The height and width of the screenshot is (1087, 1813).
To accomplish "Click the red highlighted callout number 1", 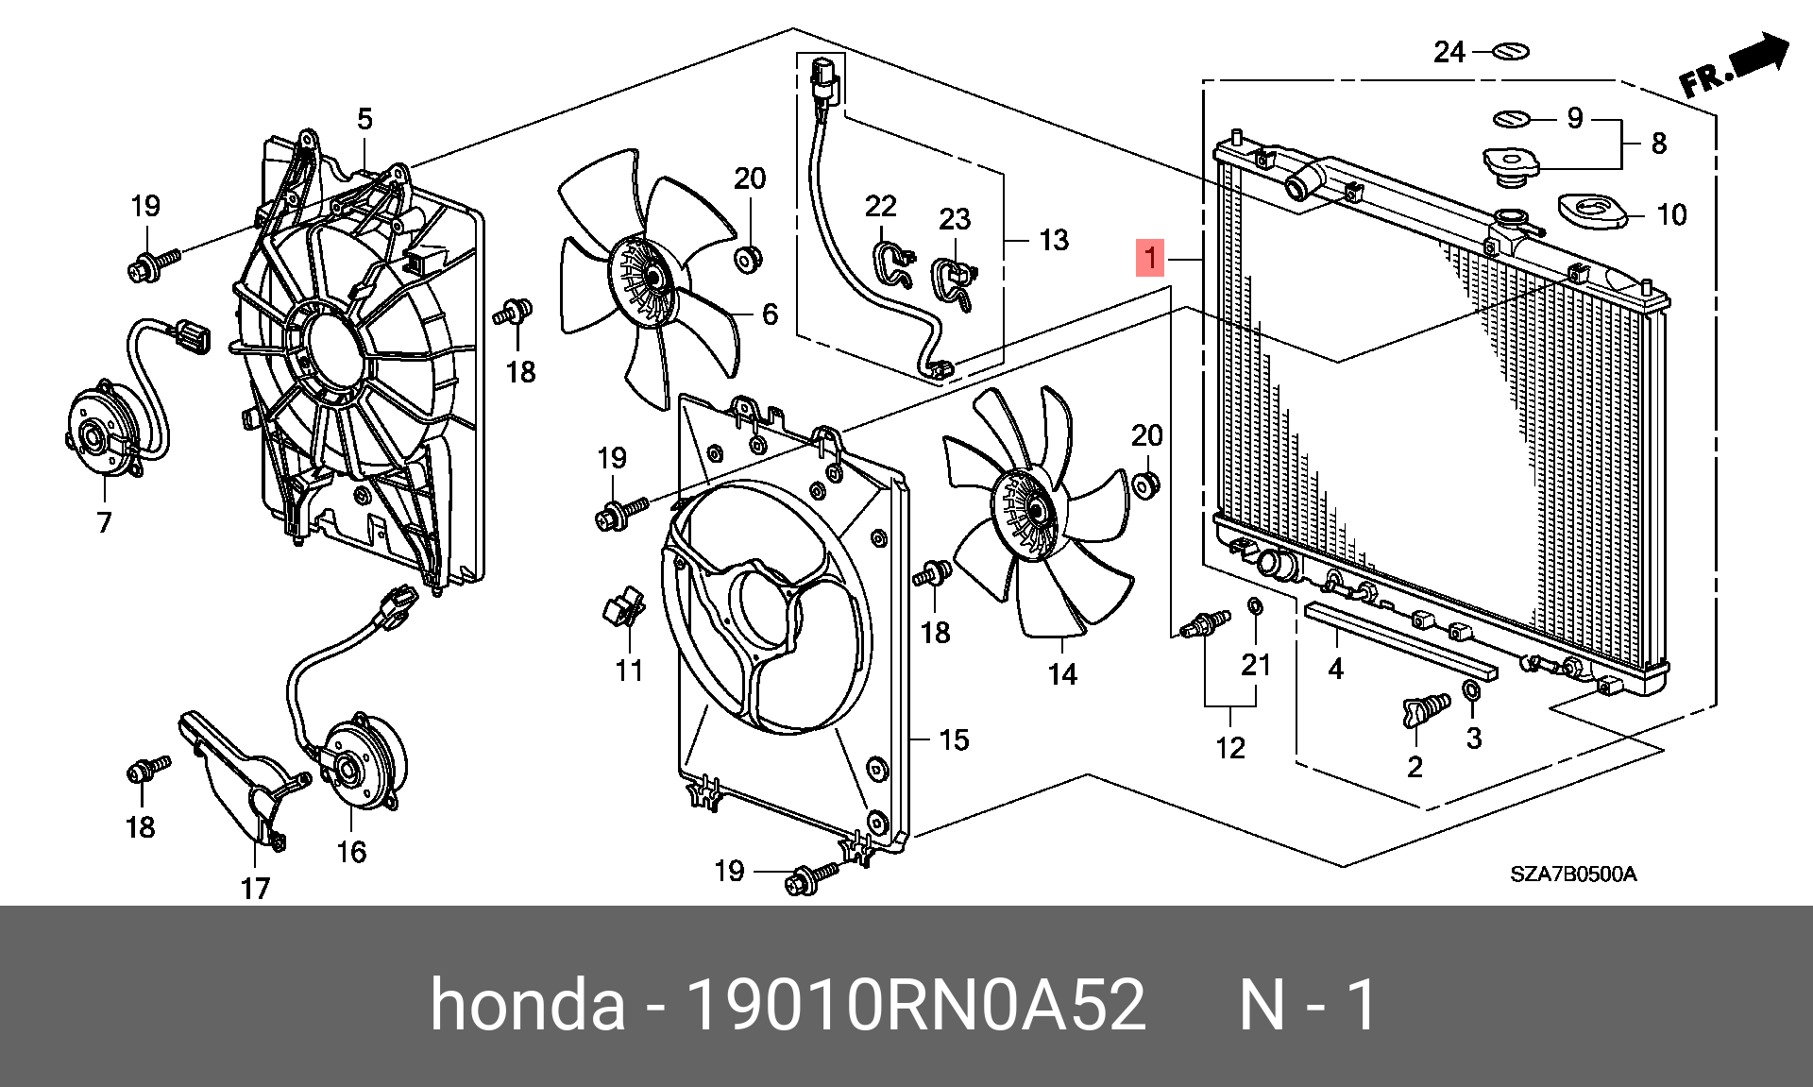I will tap(1149, 258).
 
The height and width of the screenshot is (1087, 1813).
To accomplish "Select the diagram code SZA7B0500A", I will tap(1572, 875).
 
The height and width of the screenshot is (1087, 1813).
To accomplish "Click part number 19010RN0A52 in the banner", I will tap(915, 1005).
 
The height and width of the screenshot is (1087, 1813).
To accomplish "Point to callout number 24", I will tap(1449, 52).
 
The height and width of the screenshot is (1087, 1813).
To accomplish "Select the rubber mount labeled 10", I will tap(1592, 211).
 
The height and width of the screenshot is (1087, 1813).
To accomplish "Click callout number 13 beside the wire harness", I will tap(1053, 240).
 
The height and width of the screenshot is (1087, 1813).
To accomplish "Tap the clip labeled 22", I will tap(892, 263).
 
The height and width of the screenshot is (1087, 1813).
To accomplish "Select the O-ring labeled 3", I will tap(1471, 691).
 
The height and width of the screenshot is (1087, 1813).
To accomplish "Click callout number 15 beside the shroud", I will tap(954, 739).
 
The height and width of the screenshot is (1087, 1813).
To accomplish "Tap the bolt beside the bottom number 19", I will tap(808, 879).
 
